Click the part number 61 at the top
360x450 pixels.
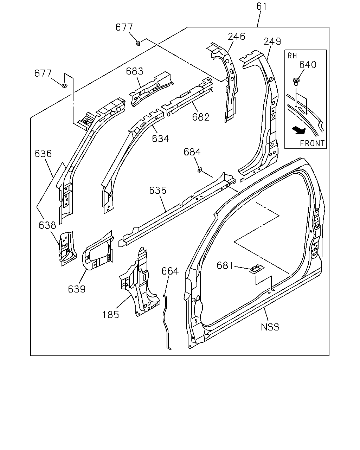point(262,6)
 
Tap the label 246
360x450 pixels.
point(236,36)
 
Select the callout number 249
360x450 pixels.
point(272,41)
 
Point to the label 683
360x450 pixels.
point(135,71)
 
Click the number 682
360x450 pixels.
point(201,117)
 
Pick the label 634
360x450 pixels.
point(160,139)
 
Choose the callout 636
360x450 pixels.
point(43,154)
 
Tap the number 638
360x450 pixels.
point(47,225)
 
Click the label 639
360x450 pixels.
point(77,289)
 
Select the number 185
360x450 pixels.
point(111,315)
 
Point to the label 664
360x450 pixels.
point(170,271)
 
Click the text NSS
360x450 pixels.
point(270,327)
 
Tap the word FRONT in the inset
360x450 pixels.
point(312,143)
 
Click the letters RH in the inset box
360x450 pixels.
point(292,56)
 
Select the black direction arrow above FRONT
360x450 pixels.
point(299,131)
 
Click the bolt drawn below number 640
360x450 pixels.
point(296,81)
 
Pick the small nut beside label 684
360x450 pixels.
point(200,170)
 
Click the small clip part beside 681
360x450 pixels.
point(257,269)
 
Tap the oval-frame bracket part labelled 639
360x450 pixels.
point(98,250)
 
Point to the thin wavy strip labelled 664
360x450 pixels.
point(167,322)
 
